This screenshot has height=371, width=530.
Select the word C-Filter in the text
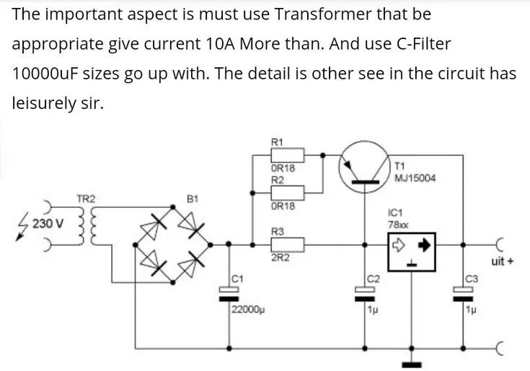pyautogui.click(x=416, y=43)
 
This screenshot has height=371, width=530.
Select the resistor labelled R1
pyautogui.click(x=287, y=154)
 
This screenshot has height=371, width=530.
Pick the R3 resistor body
pyautogui.click(x=287, y=244)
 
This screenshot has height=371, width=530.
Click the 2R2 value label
pyautogui.click(x=279, y=258)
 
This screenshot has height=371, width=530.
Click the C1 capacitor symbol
pyautogui.click(x=230, y=292)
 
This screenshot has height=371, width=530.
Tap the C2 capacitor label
pyautogui.click(x=373, y=278)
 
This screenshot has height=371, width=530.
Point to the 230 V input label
pyautogui.click(x=48, y=224)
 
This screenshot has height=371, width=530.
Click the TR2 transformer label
pyautogui.click(x=86, y=198)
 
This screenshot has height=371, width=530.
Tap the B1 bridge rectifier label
pyautogui.click(x=192, y=198)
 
